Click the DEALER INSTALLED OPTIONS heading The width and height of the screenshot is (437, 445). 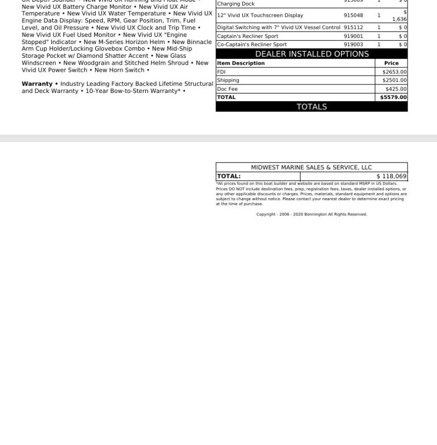click(312, 54)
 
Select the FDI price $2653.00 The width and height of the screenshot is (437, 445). click(394, 72)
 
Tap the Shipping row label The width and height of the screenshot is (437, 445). click(228, 80)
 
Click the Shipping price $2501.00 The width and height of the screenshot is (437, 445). click(394, 80)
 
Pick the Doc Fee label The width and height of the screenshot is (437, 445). click(227, 89)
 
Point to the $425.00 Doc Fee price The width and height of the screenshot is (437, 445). click(396, 89)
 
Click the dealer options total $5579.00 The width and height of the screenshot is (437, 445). click(393, 97)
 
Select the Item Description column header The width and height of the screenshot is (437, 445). click(240, 63)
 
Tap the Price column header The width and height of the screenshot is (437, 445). click(391, 63)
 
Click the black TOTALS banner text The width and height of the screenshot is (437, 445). click(312, 107)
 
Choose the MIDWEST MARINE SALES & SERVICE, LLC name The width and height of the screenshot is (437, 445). click(311, 167)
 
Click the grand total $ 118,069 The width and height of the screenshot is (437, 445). click(391, 176)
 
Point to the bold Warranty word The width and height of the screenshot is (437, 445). click(37, 84)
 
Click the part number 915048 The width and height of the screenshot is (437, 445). click(353, 16)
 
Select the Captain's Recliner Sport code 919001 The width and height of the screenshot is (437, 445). click(353, 36)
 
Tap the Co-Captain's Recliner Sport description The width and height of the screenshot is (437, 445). click(252, 44)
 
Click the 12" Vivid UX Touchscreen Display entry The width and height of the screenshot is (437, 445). click(260, 16)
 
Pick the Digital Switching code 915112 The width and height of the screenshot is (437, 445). click(353, 27)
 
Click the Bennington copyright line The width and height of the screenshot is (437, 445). click(311, 214)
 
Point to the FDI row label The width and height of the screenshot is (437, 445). click(222, 72)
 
